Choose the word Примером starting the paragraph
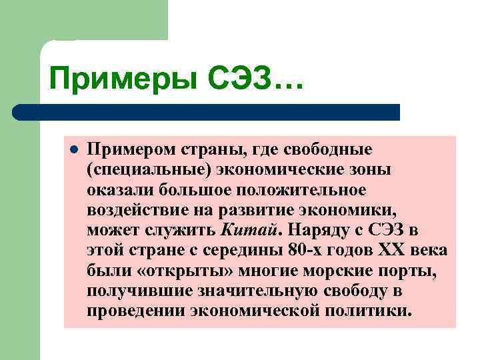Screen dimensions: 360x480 click(x=127, y=148)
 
